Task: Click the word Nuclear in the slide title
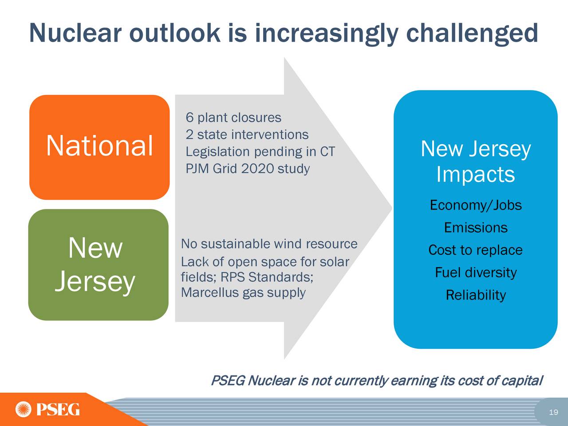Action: pyautogui.click(x=75, y=33)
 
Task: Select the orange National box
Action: pyautogui.click(x=100, y=147)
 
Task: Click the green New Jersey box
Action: pyautogui.click(x=99, y=265)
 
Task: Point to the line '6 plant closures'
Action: pyautogui.click(x=233, y=118)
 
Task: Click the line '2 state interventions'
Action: pyautogui.click(x=247, y=135)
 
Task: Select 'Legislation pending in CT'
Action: pyautogui.click(x=260, y=152)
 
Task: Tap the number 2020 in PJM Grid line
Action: pyautogui.click(x=258, y=169)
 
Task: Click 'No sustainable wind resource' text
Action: pyautogui.click(x=269, y=244)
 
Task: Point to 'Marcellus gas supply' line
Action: pyautogui.click(x=243, y=293)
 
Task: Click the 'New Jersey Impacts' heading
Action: pyautogui.click(x=476, y=162)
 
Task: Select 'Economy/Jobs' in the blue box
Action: pyautogui.click(x=476, y=205)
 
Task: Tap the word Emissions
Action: pyautogui.click(x=476, y=228)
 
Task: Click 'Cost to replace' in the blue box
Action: pyautogui.click(x=476, y=250)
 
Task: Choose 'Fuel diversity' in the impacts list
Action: pyautogui.click(x=476, y=272)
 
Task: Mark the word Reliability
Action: pyautogui.click(x=476, y=295)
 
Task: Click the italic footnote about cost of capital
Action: pyautogui.click(x=376, y=381)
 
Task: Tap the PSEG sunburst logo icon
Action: pyautogui.click(x=23, y=409)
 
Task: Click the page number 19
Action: pyautogui.click(x=553, y=412)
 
